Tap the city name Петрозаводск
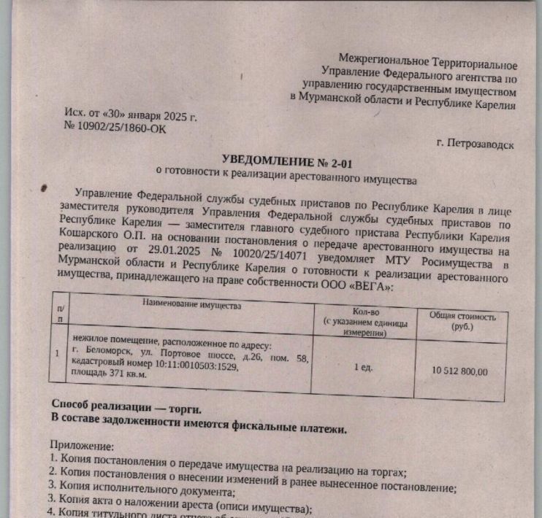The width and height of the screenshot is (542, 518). pyautogui.click(x=475, y=144)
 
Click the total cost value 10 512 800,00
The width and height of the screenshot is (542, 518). pyautogui.click(x=459, y=371)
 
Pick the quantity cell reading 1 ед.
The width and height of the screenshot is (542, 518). pyautogui.click(x=363, y=367)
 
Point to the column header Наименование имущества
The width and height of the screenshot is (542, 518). pyautogui.click(x=191, y=304)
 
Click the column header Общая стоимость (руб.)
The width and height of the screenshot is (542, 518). pyautogui.click(x=462, y=322)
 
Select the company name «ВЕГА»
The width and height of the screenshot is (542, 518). pyautogui.click(x=367, y=287)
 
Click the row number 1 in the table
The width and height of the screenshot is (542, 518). pyautogui.click(x=58, y=354)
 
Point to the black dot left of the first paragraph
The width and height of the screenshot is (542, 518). pyautogui.click(x=46, y=188)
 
